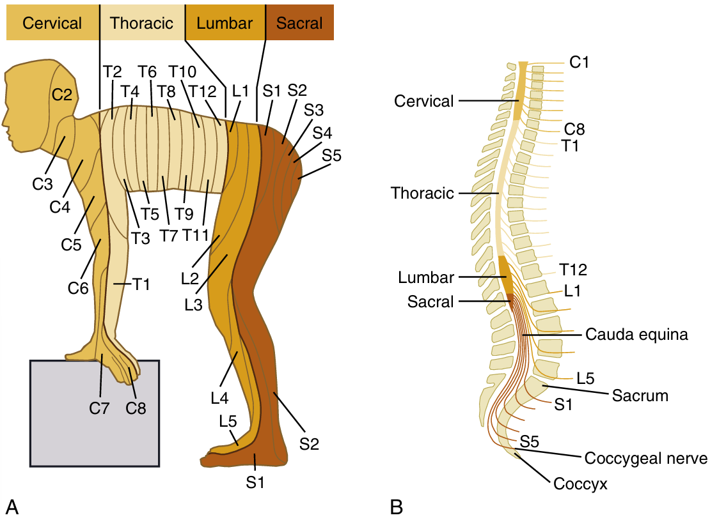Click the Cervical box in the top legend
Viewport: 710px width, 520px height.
pyautogui.click(x=52, y=24)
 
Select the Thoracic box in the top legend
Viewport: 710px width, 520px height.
pyautogui.click(x=141, y=24)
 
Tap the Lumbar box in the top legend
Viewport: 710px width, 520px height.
pyautogui.click(x=225, y=24)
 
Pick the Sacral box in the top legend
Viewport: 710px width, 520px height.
pyautogui.click(x=299, y=24)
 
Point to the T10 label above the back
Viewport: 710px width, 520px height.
pyautogui.click(x=183, y=72)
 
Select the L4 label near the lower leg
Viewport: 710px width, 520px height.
pyautogui.click(x=219, y=398)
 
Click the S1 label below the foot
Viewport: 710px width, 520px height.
pyautogui.click(x=255, y=482)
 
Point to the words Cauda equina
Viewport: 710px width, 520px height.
pyautogui.click(x=636, y=335)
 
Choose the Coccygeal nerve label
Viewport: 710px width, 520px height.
pyautogui.click(x=645, y=459)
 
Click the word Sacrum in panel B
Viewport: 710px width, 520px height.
pyautogui.click(x=640, y=395)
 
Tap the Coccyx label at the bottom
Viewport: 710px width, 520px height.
pyautogui.click(x=580, y=484)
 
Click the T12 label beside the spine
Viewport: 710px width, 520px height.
pyautogui.click(x=573, y=270)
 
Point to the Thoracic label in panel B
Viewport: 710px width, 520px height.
pyautogui.click(x=422, y=192)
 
